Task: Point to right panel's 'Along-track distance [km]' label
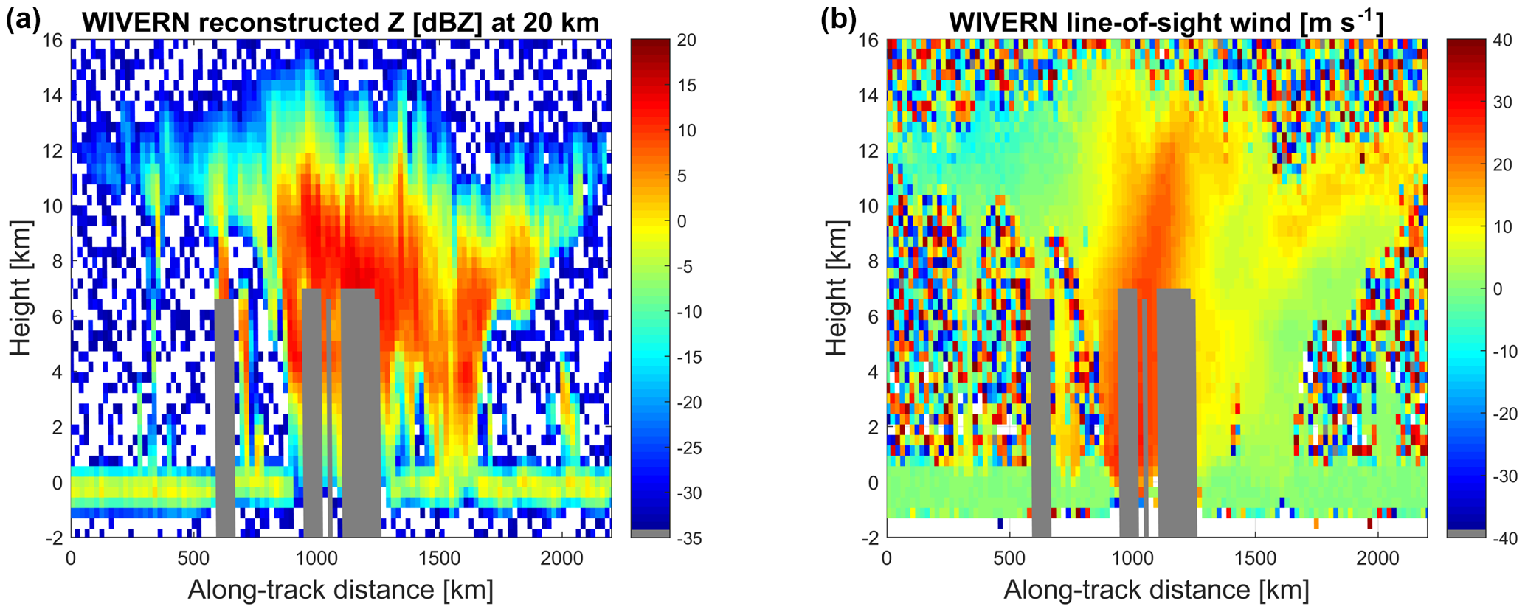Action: point(1156,590)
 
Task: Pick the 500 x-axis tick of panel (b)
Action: point(1009,556)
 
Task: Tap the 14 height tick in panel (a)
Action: point(54,95)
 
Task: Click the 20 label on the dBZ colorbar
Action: point(686,40)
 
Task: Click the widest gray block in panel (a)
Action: point(360,413)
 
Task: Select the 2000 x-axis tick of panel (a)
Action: point(561,556)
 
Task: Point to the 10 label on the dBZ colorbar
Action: point(686,131)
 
